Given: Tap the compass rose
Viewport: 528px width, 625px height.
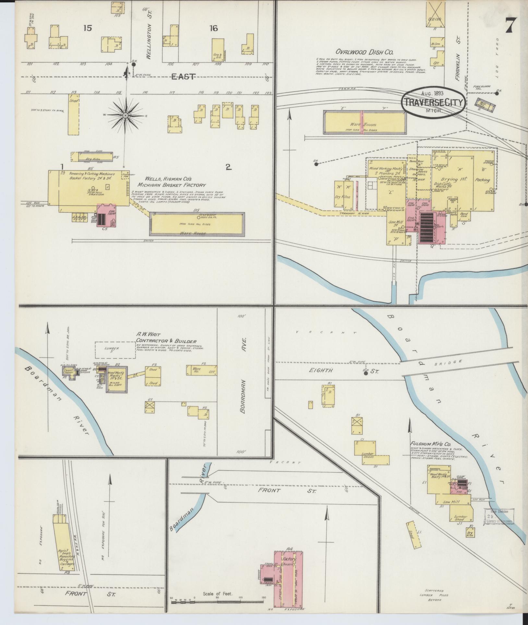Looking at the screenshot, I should pyautogui.click(x=125, y=116).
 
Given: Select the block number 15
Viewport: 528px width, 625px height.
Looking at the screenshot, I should pyautogui.click(x=87, y=29).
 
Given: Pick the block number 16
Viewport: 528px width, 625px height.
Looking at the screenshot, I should pyautogui.click(x=213, y=29).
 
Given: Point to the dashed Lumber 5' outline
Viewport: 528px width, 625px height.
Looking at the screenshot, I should pyautogui.click(x=115, y=350).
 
